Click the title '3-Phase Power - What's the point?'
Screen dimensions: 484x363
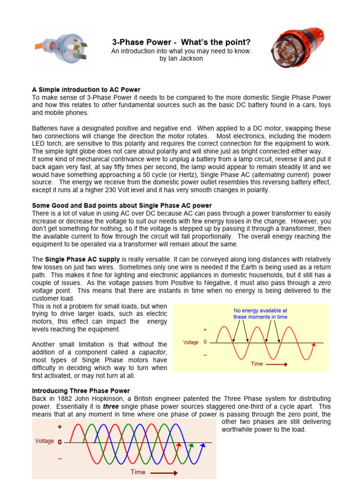coord(181,43)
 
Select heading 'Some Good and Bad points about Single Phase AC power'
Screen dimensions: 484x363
coord(121,206)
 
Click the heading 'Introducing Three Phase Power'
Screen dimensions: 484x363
coord(80,391)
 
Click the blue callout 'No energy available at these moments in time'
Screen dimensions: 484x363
coord(260,314)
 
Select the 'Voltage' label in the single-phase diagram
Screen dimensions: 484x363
coord(190,342)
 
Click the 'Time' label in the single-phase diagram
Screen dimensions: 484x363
coord(257,364)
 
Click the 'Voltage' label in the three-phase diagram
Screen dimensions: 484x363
coord(44,441)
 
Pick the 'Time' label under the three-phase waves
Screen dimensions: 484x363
coord(138,472)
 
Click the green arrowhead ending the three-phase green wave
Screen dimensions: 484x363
coord(191,445)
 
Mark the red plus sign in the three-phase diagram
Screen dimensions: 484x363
coord(60,427)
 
